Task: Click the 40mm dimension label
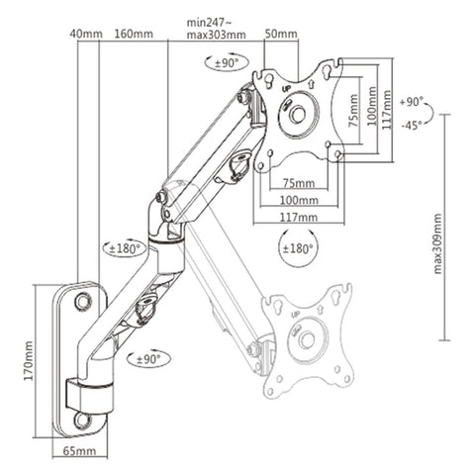[86, 34]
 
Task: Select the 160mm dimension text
[132, 34]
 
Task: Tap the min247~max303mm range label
[217, 28]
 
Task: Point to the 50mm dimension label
[281, 34]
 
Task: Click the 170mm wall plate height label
[29, 360]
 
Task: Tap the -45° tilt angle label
[413, 126]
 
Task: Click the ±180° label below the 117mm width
[298, 248]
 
